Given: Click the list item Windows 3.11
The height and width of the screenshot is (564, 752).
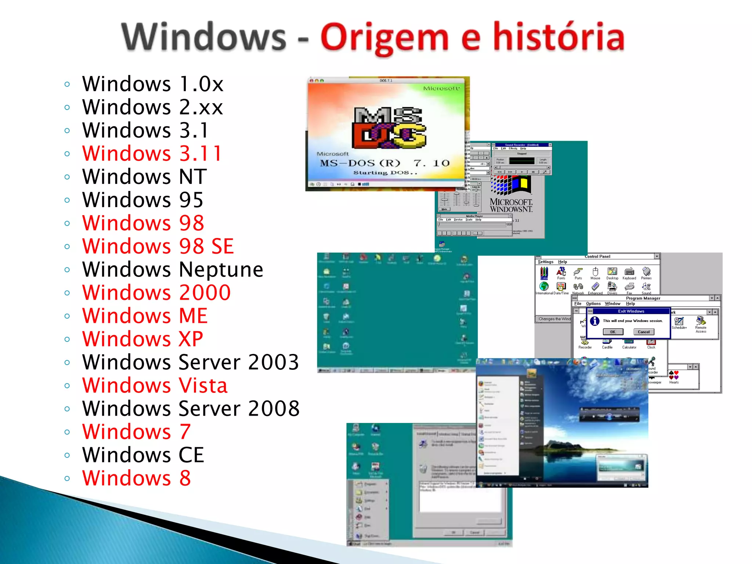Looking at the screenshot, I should click(152, 153).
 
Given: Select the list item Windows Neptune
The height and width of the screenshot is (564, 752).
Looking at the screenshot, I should click(173, 270).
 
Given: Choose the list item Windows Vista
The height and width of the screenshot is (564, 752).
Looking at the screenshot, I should click(155, 386).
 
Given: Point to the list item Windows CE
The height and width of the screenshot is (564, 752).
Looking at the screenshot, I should click(143, 455).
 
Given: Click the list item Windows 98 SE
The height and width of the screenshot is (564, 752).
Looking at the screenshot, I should click(158, 246).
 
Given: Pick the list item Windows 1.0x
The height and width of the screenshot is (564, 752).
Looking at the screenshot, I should click(153, 84).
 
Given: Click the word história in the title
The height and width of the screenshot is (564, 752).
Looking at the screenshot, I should click(558, 37).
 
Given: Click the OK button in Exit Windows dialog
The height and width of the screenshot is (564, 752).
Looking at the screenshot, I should click(613, 332).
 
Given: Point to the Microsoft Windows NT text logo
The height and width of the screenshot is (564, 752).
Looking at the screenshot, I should click(511, 205).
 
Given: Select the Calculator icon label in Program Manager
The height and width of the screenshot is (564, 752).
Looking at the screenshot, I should click(629, 347).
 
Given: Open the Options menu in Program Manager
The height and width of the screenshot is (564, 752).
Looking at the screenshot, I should click(593, 304).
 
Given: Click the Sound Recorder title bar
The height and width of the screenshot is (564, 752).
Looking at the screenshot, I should click(521, 145).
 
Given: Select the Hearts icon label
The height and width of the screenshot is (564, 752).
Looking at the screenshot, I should click(674, 382).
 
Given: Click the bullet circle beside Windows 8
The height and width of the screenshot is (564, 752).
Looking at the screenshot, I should click(67, 478).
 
